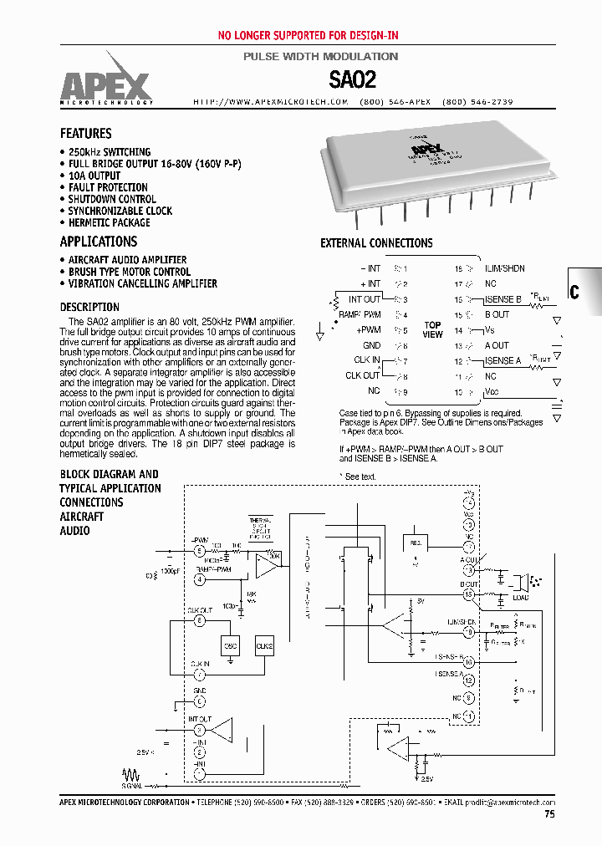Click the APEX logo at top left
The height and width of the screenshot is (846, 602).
pos(105,84)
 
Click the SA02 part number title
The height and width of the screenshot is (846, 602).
pos(352,80)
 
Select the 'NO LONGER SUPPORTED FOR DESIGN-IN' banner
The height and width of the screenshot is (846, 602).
pos(308,35)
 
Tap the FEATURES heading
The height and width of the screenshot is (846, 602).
pos(85,134)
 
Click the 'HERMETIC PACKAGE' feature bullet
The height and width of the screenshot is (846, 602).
pos(110,222)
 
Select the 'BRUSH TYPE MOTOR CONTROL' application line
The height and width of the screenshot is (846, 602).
pos(130,272)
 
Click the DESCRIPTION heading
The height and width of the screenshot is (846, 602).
pos(89,307)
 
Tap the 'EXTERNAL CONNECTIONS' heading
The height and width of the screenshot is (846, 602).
pos(376,243)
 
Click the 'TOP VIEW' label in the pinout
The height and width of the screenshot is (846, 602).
pos(432,329)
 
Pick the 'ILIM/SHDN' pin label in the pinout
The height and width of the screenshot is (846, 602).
pos(505,268)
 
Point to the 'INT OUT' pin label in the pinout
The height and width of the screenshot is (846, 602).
pos(365,299)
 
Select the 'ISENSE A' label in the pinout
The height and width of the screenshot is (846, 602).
pos(503,360)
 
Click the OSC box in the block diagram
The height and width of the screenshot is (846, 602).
pos(231,645)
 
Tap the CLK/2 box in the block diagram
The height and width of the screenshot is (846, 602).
pos(264,645)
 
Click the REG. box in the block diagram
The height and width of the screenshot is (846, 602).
pos(415,543)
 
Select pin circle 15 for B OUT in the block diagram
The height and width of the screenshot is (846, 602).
pos(468,594)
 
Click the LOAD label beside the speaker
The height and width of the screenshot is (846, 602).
pos(521,598)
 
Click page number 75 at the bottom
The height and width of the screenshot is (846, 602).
pos(548,813)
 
